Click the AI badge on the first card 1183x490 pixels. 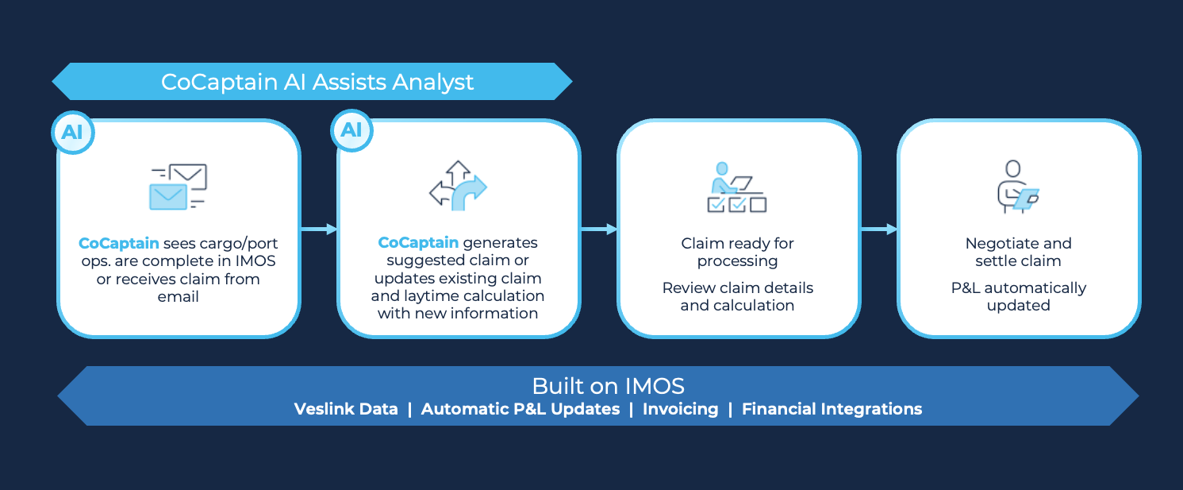pos(73,132)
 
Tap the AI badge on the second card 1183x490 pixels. pos(351,130)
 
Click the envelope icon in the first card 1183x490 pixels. pos(178,187)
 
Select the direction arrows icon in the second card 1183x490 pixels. pos(458,186)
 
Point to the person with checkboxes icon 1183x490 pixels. pos(737,187)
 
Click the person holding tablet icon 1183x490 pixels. pos(1018,187)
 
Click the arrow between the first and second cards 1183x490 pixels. pos(319,229)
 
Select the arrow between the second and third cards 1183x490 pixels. pos(599,229)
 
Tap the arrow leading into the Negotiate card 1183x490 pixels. pos(879,229)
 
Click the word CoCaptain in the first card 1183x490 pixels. pos(119,243)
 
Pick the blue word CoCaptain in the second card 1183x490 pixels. pos(418,242)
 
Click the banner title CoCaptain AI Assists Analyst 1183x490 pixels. pos(317,82)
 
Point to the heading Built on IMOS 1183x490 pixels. pos(608,386)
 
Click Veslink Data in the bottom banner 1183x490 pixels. pos(346,408)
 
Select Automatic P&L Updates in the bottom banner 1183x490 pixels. pos(520,408)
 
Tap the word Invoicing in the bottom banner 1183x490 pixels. pos(680,409)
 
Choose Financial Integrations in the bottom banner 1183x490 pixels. pos(832,409)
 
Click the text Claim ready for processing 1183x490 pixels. pos(737,252)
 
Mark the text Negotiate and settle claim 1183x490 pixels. pos(1018,252)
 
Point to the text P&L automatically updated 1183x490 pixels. pos(1018,296)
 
